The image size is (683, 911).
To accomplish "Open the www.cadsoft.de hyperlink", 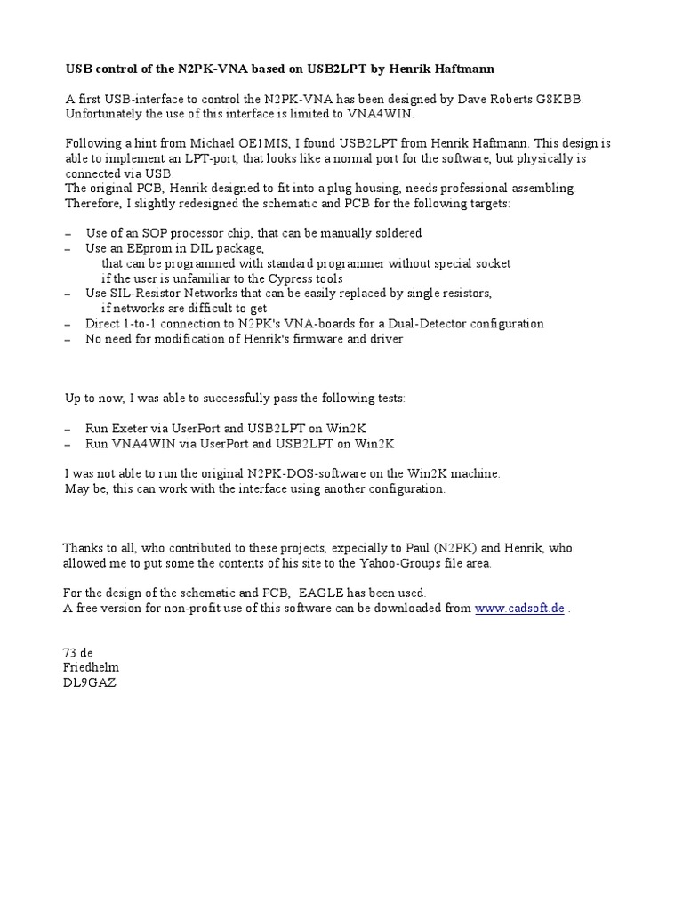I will [x=519, y=608].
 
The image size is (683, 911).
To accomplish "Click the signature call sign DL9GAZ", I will [x=91, y=682].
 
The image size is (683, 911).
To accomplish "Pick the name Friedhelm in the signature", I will [x=91, y=667].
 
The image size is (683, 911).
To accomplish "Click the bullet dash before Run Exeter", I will [x=68, y=428].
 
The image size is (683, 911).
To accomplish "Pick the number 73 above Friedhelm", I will [x=70, y=652].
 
